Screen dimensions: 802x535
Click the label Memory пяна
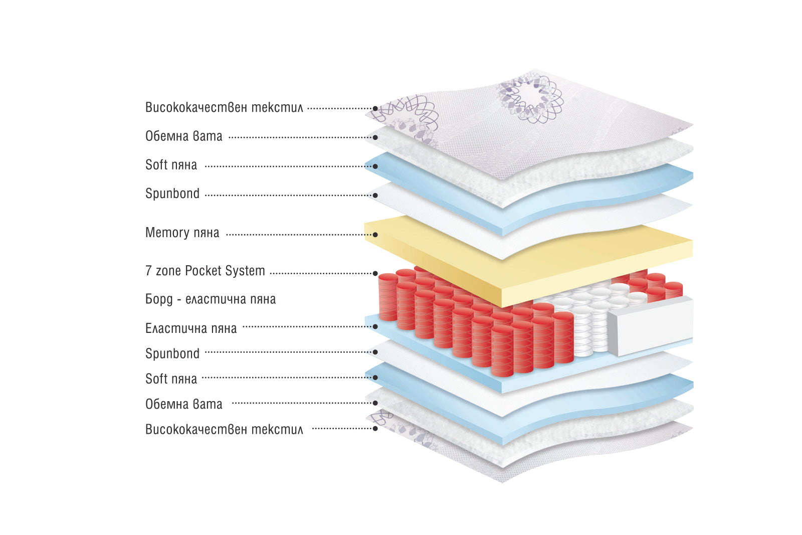point(182,233)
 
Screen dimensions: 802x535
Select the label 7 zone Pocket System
point(205,271)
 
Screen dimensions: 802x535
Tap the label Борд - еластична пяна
point(211,299)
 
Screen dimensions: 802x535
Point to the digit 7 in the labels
point(148,271)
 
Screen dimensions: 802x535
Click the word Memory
point(167,233)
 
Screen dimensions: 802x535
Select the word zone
point(168,271)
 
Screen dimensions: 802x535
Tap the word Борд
point(159,299)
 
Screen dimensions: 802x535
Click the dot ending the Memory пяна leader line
point(375,235)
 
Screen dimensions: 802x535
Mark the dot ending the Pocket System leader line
point(375,274)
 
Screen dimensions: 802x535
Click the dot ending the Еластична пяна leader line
point(375,326)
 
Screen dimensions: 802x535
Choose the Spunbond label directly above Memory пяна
point(172,194)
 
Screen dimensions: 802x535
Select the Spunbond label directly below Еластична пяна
point(172,354)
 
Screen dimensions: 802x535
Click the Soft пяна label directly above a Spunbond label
point(171,165)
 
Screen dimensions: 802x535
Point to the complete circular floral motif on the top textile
point(530,97)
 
